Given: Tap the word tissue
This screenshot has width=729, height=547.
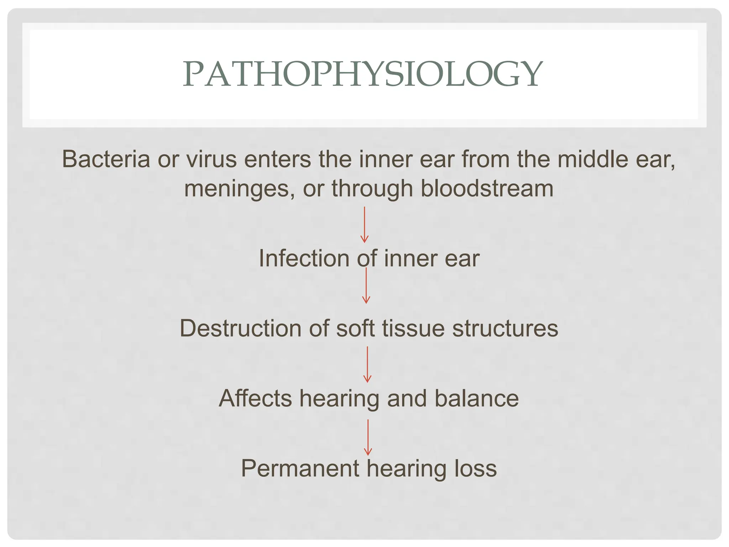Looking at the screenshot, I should [x=413, y=328].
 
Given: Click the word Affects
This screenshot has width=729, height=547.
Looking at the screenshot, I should [x=255, y=398].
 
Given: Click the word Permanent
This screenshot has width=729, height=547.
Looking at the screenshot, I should [x=300, y=468].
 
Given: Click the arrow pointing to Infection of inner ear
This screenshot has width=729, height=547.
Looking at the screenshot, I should [x=364, y=225].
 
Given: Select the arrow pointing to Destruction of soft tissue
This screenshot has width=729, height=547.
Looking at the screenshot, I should [x=366, y=286].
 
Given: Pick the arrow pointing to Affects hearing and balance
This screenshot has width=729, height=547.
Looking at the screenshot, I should [x=367, y=365].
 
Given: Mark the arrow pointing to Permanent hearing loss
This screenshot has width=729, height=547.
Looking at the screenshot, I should [x=368, y=437].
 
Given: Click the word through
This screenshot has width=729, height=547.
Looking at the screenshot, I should [x=372, y=189].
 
